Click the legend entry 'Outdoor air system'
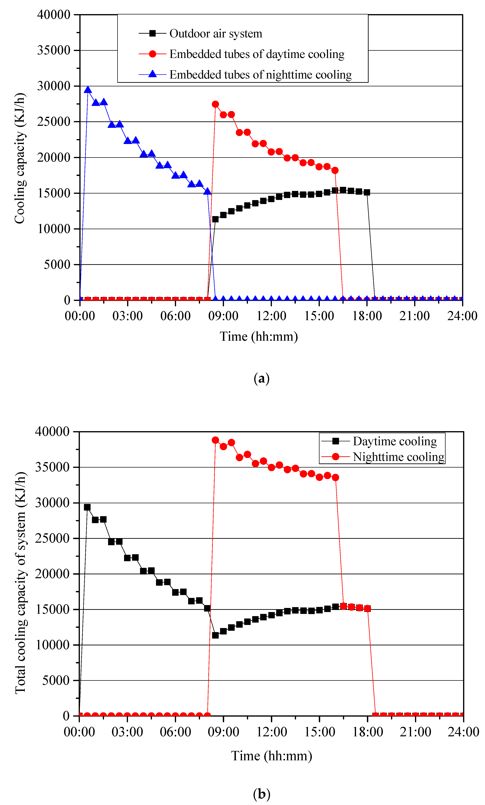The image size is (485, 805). coord(215,33)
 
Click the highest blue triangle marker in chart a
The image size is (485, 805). coord(88,90)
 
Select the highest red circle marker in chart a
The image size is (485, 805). coord(215,104)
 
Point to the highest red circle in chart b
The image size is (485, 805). coord(215,440)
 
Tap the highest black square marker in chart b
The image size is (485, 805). coord(87,507)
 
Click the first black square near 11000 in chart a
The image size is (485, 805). coord(215,219)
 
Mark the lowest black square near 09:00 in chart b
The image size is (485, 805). coord(215,635)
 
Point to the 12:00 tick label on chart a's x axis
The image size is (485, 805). coord(271,316)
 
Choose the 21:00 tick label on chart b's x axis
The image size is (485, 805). coord(415,732)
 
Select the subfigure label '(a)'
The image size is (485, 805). coord(261,378)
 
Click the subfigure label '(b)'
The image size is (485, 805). coord(262,794)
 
